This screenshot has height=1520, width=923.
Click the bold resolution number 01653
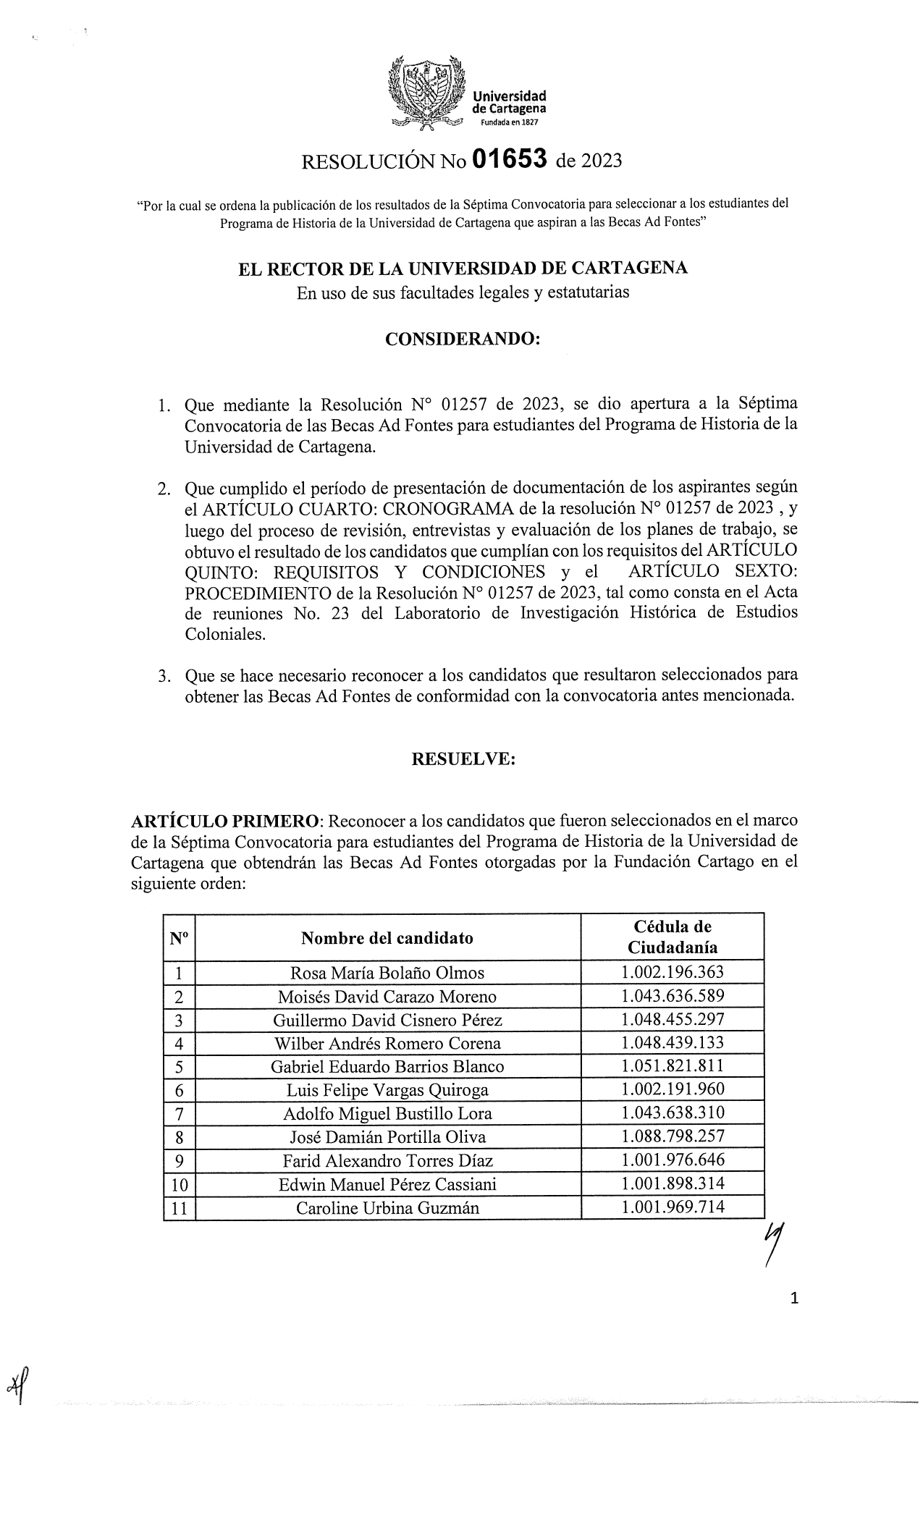tap(508, 159)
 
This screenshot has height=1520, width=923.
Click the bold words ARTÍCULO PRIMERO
tap(227, 822)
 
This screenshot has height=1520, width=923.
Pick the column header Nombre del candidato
tap(387, 938)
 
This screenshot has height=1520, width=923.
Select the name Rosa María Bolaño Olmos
tap(387, 973)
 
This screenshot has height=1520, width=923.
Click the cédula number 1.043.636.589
tap(673, 996)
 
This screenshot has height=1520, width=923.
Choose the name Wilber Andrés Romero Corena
tap(387, 1043)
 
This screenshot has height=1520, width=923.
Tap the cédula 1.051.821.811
tap(673, 1065)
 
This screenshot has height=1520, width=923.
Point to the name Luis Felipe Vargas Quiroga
tap(387, 1089)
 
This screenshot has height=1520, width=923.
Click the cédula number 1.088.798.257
tap(673, 1136)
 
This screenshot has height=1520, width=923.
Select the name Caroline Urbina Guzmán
tap(387, 1207)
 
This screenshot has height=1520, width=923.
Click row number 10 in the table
tap(180, 1185)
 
